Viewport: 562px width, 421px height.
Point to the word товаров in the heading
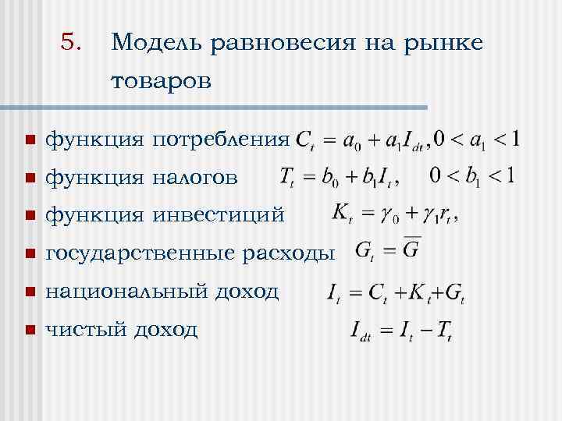click(162, 82)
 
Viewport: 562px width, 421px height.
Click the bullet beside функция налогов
click(30, 179)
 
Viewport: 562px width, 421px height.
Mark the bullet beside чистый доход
click(30, 330)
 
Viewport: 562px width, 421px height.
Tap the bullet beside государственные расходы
click(30, 254)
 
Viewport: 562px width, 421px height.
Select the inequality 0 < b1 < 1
click(471, 175)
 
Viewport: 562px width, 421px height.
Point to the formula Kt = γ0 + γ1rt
click(394, 213)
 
